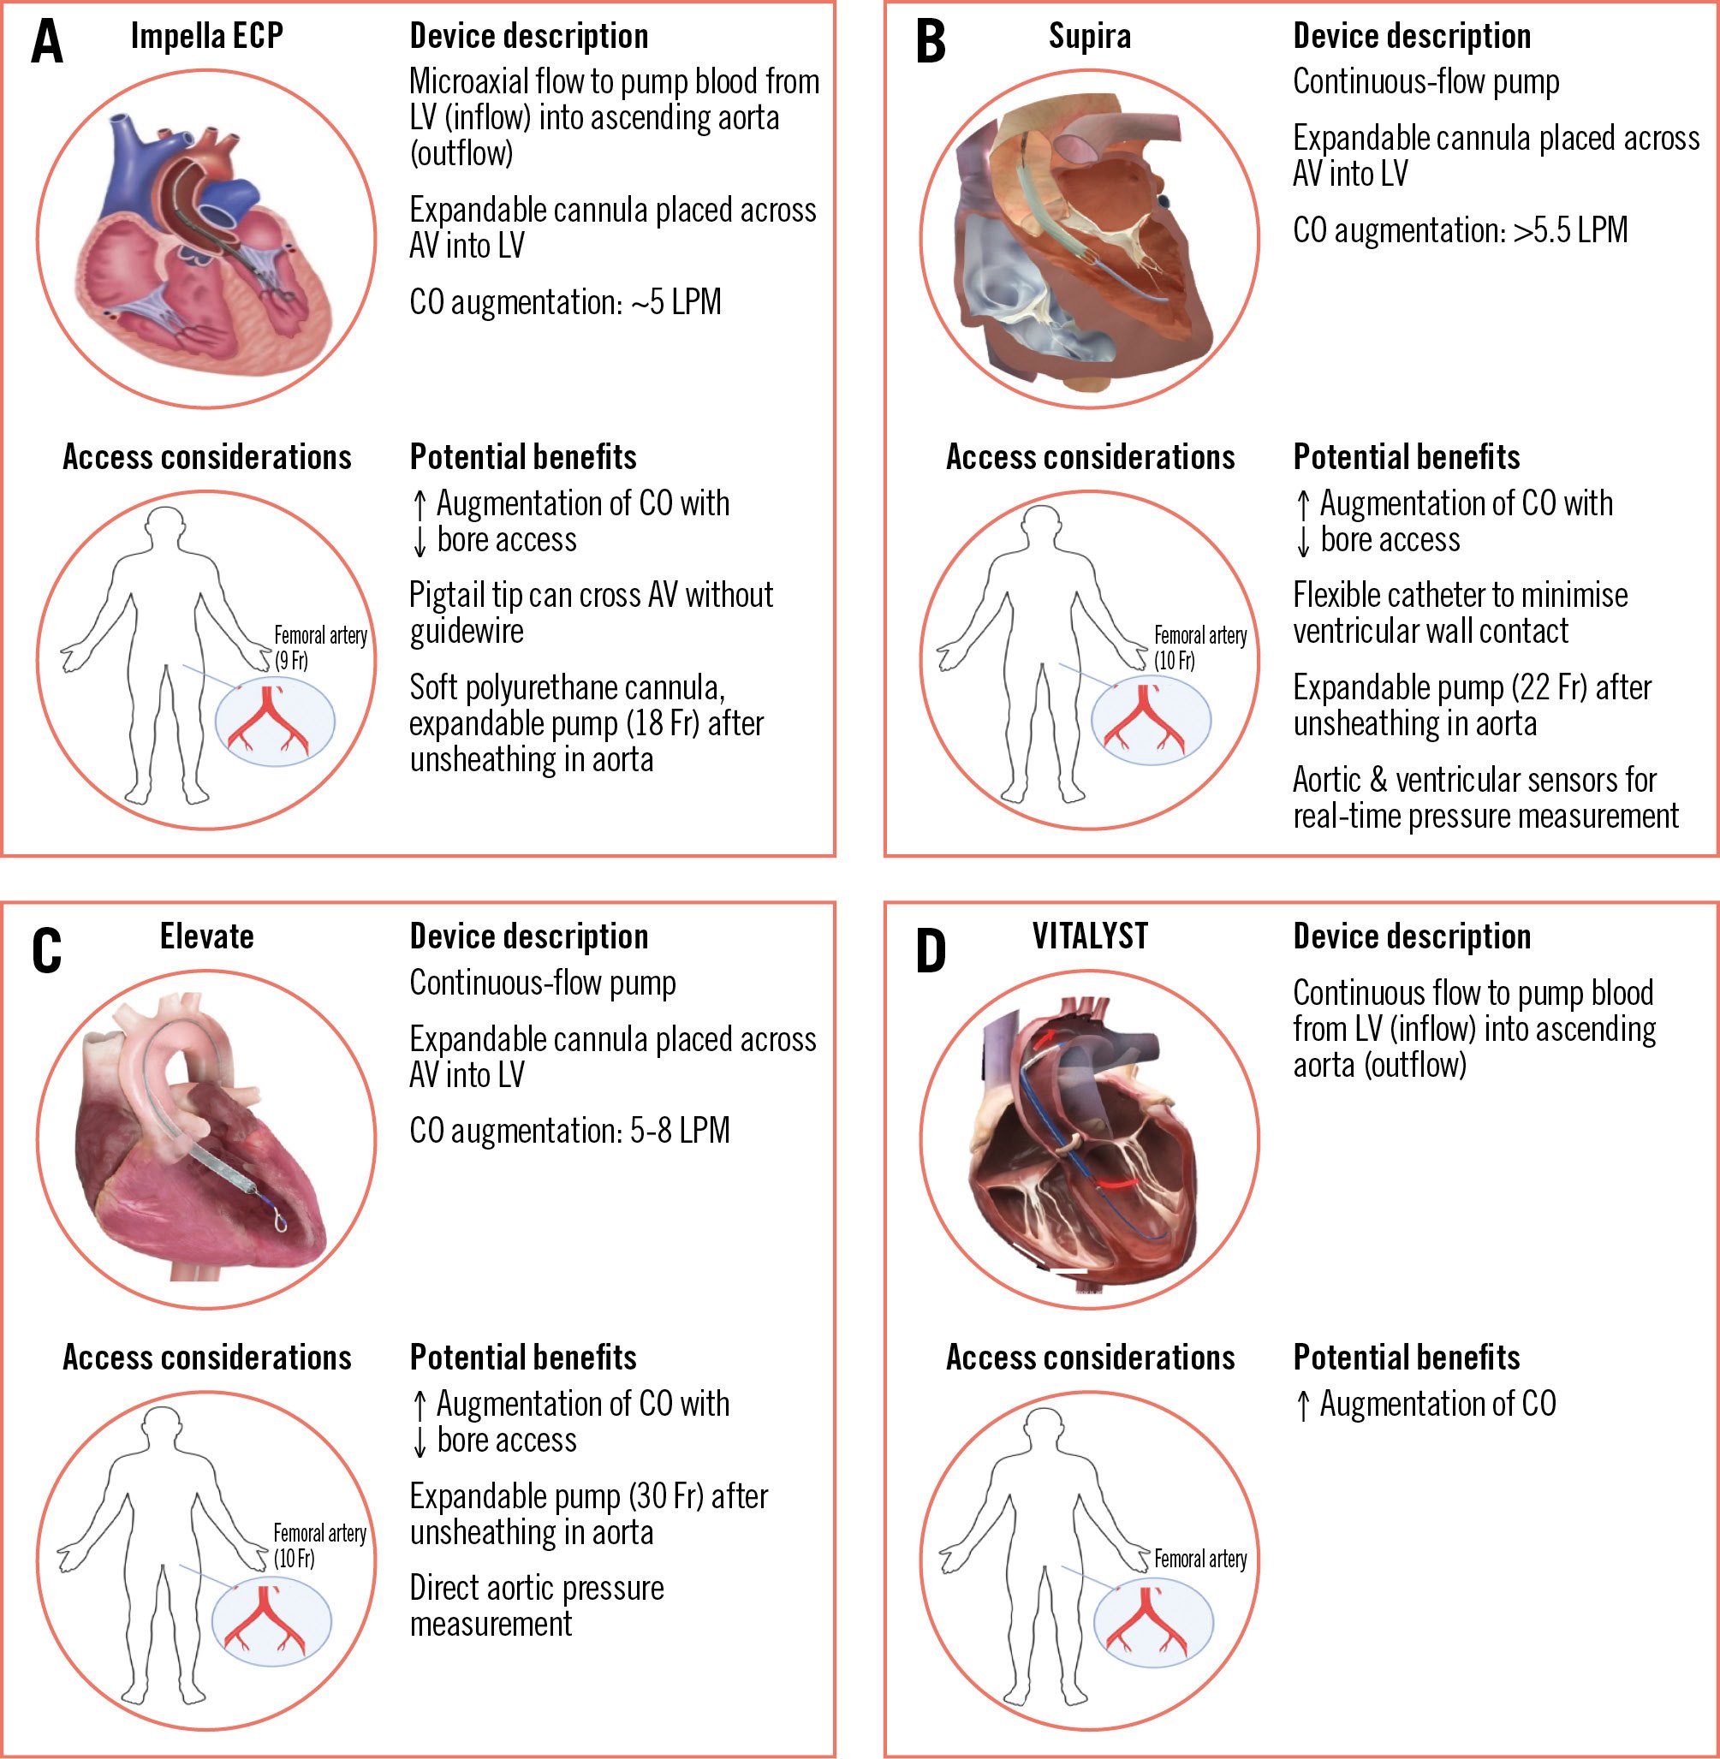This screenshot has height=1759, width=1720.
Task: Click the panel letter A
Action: [x=47, y=42]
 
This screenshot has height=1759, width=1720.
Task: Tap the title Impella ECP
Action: [x=207, y=36]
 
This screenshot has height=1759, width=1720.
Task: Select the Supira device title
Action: [x=1090, y=36]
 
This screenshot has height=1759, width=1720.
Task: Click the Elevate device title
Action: [x=207, y=936]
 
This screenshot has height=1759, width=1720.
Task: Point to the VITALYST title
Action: [x=1090, y=936]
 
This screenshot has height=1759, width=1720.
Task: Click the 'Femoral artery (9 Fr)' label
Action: [x=320, y=647]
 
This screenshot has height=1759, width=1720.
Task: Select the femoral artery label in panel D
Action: [x=1199, y=1560]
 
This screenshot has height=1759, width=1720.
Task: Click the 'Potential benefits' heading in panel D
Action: [x=1406, y=1358]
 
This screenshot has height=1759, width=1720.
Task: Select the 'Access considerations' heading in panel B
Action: [x=1090, y=457]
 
